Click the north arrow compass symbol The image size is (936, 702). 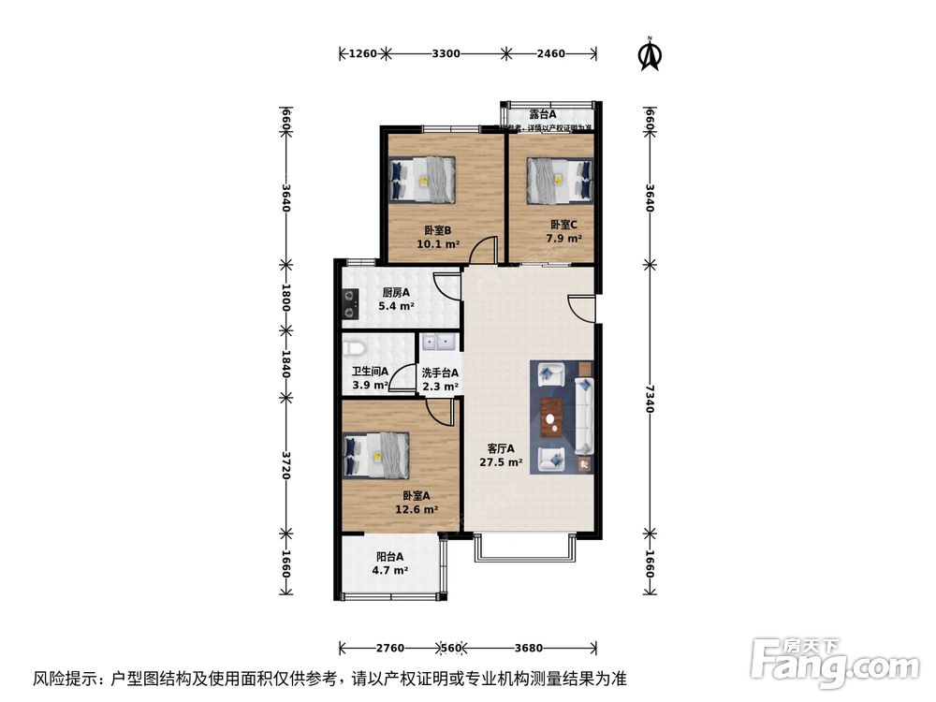(x=647, y=54)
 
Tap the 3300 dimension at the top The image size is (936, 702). (x=446, y=54)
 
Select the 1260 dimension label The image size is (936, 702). (x=362, y=54)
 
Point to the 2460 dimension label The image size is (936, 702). (x=551, y=54)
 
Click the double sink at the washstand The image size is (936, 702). (x=438, y=344)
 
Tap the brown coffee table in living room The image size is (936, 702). (x=551, y=417)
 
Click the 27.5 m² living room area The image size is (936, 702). (x=502, y=462)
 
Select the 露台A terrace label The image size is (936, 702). (x=543, y=115)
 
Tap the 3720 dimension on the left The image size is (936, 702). (x=286, y=462)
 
